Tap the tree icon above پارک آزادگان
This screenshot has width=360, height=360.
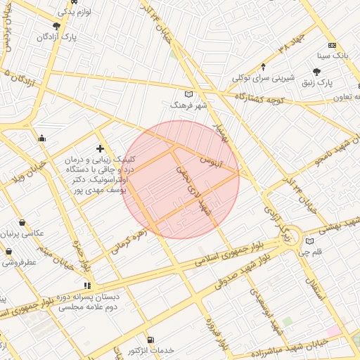pos(56,25)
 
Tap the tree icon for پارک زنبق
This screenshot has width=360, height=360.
pos(317,72)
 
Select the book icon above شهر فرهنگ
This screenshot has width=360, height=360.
pos(187,94)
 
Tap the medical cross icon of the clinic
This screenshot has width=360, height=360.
pos(100,148)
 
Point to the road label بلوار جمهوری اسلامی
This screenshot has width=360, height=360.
pos(210,259)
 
